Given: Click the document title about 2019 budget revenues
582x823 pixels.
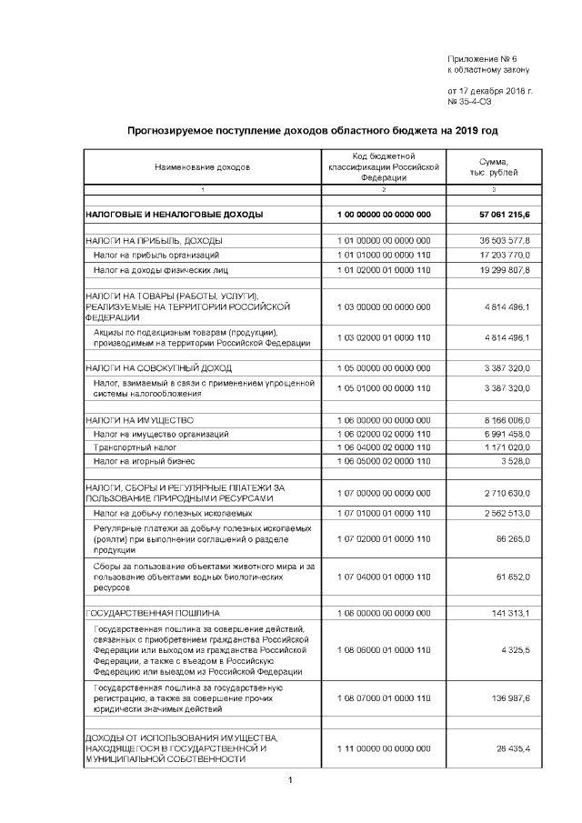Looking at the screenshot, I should [312, 131].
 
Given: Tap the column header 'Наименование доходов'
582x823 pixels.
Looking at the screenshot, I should [202, 167].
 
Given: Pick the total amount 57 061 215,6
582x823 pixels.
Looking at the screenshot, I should [507, 215].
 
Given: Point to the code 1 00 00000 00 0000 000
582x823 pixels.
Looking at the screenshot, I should [383, 215].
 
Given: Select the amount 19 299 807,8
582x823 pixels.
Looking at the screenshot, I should [507, 270].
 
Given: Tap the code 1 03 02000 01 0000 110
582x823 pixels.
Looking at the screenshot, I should [383, 337].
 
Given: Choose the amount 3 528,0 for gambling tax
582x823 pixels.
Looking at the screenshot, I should [519, 463].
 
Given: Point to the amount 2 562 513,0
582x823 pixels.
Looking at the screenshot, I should [509, 514].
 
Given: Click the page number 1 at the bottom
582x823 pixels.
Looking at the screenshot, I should [288, 780].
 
